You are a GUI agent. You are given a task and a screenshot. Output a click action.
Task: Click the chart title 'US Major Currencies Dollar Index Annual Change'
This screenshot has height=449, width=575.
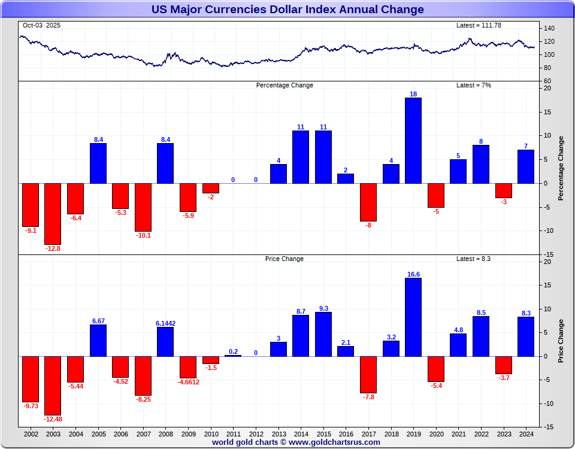pos(287,10)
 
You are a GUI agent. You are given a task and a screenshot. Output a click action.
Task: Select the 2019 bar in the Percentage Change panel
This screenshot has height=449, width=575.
pos(413,140)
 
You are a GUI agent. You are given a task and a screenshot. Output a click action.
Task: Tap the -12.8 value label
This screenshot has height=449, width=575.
pos(53,248)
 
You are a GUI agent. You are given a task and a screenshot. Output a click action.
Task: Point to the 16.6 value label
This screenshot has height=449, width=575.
pos(413,274)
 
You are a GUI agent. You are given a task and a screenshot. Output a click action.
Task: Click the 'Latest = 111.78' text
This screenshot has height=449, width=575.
pos(479,25)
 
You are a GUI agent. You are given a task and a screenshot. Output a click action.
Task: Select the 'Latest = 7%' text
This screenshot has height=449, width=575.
pos(473,85)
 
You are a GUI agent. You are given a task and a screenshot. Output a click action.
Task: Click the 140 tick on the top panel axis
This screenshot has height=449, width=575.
pos(549,29)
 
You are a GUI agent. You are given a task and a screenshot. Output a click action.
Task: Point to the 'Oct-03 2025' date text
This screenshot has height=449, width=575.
pos(41,25)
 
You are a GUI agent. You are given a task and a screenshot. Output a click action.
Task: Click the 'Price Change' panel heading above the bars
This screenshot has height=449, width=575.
pos(284,259)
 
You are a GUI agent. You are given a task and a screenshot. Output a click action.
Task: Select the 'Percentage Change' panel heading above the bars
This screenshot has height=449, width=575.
pos(285,85)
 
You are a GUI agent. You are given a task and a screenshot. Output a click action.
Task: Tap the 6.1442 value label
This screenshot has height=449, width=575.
pos(165,323)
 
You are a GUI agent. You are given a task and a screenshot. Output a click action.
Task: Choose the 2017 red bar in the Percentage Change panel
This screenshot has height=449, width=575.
pos(368,202)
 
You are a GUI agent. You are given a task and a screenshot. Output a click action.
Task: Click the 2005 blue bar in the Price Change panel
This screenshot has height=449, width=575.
pos(98,341)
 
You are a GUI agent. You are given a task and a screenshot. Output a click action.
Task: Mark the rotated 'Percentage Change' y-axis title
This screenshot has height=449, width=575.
pos(561,168)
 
